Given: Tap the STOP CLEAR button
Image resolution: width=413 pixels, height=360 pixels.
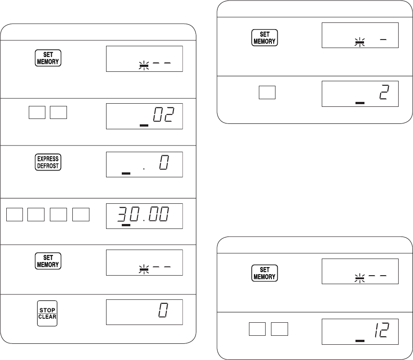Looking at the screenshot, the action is pos(47,313).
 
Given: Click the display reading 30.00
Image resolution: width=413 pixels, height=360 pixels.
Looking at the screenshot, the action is pos(144,216).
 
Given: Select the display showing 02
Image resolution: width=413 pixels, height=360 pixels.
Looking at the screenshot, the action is pos(144,116).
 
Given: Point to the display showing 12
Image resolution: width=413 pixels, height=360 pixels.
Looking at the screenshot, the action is pos(360,332).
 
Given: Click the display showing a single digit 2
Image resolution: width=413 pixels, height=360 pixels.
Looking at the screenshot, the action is pos(360,94).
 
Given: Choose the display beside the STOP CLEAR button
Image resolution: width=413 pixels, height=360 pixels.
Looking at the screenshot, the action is pos(144,312).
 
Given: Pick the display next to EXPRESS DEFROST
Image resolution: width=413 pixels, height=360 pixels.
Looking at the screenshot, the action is pos(144,164).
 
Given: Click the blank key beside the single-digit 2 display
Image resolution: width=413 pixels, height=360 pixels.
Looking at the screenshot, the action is pos(267,92).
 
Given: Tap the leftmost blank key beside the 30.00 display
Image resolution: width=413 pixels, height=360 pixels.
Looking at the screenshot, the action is pos(14,215).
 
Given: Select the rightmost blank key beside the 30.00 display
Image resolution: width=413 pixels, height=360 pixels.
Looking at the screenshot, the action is pos(81,215).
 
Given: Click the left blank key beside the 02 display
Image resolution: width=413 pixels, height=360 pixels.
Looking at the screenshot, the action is pos(37,112).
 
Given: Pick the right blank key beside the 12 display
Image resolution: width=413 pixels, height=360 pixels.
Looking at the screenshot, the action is pos(280,329).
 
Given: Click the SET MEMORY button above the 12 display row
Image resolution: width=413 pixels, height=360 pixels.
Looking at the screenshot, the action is pos(264,273).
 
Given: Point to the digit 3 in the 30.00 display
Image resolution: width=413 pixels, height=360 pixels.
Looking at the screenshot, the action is pos(121,214).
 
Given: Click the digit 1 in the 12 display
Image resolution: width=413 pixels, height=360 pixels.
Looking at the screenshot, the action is pos(377,330).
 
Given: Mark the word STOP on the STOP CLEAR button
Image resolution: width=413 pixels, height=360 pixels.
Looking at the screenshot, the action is pos(47,310).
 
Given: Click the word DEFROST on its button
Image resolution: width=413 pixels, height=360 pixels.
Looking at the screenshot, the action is pos(48,166).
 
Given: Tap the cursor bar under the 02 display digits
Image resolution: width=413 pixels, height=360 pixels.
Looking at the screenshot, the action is pos(144,126).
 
